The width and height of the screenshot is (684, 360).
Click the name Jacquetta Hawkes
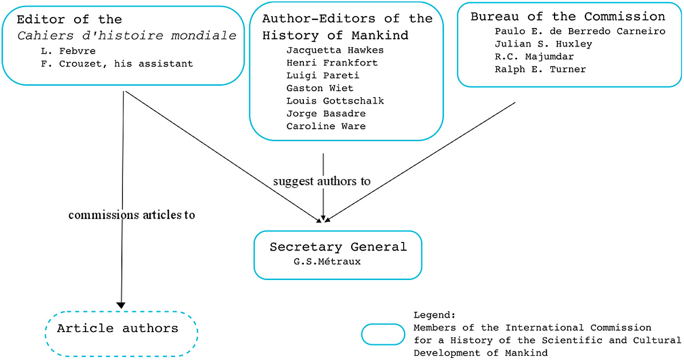pyautogui.click(x=335, y=50)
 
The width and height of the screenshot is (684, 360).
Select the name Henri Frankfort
pyautogui.click(x=332, y=63)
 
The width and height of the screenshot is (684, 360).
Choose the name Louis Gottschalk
pyautogui.click(x=335, y=101)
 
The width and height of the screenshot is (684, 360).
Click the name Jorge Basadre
pyautogui.click(x=326, y=114)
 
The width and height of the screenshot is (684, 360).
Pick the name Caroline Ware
pyautogui.click(x=326, y=127)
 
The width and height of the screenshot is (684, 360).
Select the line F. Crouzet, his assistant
pyautogui.click(x=117, y=64)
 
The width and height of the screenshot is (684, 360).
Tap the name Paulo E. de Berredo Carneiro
pyautogui.click(x=580, y=31)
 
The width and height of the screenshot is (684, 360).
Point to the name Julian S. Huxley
pyautogui.click(x=543, y=44)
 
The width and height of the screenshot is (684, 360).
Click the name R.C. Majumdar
pyautogui.click(x=534, y=56)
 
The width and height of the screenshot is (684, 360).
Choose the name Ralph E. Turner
pyautogui.click(x=540, y=69)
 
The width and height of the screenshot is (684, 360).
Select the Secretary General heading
pyautogui.click(x=338, y=247)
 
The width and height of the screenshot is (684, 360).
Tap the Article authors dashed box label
pyautogui.click(x=118, y=328)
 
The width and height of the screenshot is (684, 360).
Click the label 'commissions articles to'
pyautogui.click(x=132, y=215)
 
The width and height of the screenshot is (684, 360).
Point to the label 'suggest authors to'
pyautogui.click(x=322, y=181)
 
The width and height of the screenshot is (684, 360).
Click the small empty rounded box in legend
pyautogui.click(x=383, y=334)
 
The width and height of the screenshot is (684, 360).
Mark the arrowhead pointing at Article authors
pyautogui.click(x=121, y=305)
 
